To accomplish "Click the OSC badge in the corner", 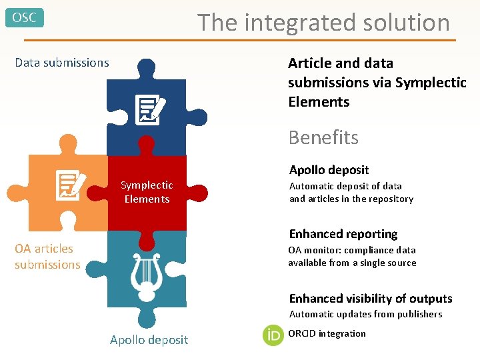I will tap(25, 18).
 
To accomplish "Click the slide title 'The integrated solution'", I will tap(323, 23).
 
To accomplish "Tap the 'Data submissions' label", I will tap(62, 63).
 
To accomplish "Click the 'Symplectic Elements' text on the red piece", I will tap(147, 192).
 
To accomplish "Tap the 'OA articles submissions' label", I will tap(47, 257).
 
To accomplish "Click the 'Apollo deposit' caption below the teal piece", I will tap(149, 340).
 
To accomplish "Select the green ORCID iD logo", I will tap(273, 335).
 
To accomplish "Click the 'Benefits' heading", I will tap(323, 137).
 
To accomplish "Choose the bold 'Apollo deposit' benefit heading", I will tap(329, 170).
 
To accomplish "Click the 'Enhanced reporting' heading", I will tap(343, 234).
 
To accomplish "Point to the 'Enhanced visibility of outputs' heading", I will tap(371, 299).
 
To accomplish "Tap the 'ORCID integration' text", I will tap(327, 333).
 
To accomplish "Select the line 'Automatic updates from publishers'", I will tap(365, 314).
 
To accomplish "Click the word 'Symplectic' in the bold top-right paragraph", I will tap(431, 83).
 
